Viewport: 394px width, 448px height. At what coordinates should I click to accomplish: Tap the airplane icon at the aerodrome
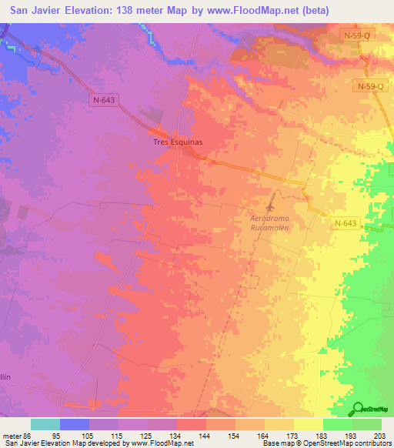270,206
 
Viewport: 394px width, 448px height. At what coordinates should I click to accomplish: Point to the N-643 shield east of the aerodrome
346,223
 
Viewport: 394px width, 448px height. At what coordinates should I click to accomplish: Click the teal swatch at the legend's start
45,424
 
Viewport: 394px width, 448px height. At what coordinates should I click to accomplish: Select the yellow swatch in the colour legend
308,424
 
